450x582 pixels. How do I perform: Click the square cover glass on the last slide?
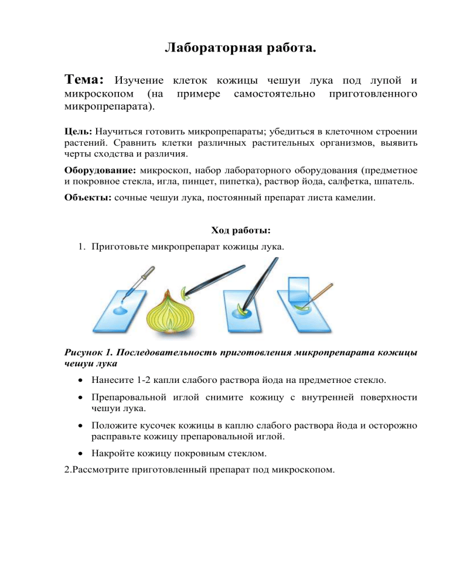pyautogui.click(x=303, y=289)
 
